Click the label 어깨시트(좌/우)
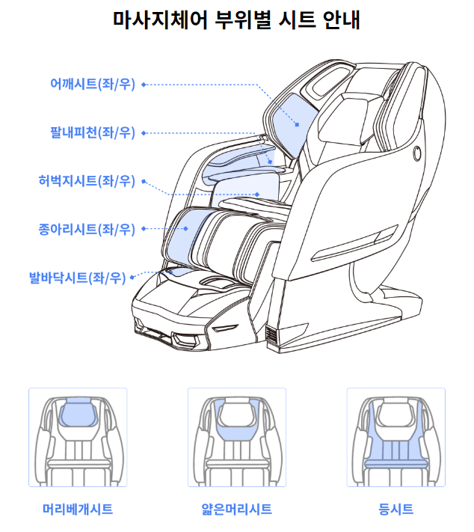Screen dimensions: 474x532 pos(93,84)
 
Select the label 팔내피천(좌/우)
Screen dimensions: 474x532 pos(93,132)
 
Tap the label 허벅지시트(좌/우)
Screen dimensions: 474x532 pos(87,181)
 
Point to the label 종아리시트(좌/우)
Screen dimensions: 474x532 pos(87,230)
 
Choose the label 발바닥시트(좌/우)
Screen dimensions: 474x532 pos(78,278)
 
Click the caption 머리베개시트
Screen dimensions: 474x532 pos(78,509)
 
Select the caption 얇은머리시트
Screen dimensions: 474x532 pos(237,509)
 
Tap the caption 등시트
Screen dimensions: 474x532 pos(395,509)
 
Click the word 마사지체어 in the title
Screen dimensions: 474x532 pos(160,19)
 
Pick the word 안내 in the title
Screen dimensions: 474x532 pos(341,19)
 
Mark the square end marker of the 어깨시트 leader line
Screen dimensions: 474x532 pos(297,125)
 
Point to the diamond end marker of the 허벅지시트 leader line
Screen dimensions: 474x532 pos(257,195)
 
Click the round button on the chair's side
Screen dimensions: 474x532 pos(417,153)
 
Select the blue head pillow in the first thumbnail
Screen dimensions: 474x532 pos(79,412)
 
